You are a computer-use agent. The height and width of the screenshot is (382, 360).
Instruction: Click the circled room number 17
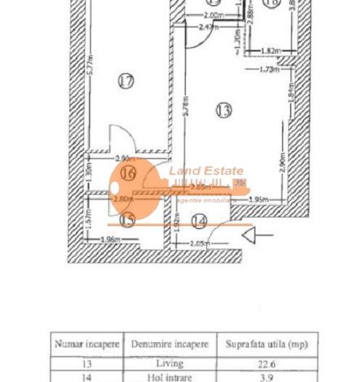[126, 81]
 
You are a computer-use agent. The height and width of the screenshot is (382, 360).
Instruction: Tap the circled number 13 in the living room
[224, 110]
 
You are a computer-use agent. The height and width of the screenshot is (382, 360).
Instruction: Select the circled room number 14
[199, 221]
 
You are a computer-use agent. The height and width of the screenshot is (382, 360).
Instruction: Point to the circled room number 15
[127, 219]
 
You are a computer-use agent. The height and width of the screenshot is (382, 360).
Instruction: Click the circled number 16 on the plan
[128, 173]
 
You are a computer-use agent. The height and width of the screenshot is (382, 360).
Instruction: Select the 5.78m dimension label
[187, 112]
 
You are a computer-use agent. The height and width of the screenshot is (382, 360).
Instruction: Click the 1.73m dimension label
[270, 70]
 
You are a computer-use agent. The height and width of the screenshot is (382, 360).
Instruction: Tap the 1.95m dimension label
[259, 199]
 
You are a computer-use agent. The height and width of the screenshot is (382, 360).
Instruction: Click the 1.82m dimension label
[269, 51]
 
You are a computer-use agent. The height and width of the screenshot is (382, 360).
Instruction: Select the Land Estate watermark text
[207, 171]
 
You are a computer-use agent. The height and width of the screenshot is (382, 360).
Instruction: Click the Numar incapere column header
[86, 344]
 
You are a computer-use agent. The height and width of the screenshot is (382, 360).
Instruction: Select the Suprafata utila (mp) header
[266, 344]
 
